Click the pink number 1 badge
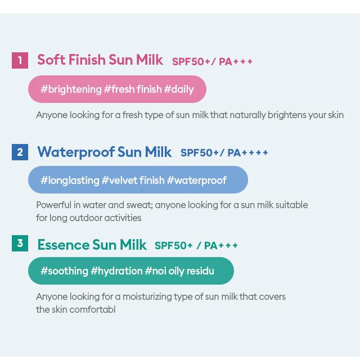point(20,60)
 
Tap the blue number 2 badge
point(20,152)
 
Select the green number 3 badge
point(20,243)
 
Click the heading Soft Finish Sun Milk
point(100,60)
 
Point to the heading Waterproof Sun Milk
point(105,152)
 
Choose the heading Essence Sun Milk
point(92,245)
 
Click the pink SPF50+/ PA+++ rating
point(212,61)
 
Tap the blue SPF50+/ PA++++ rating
point(224,152)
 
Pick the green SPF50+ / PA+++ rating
point(196,245)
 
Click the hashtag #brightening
point(71,89)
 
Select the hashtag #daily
point(179,89)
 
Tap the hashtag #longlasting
point(70,181)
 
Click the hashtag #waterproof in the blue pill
point(197,181)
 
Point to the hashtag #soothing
point(64,271)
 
